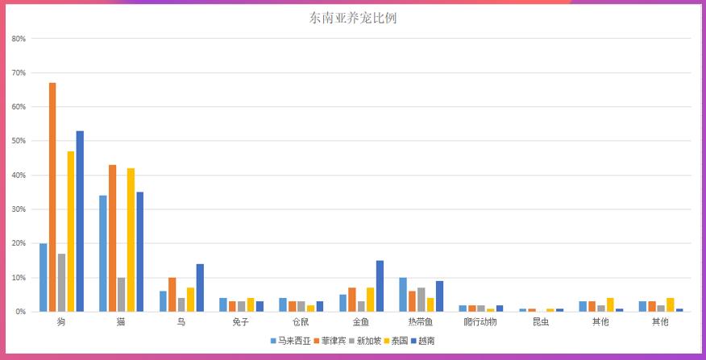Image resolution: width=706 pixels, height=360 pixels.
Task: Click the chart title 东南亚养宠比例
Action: tap(352, 18)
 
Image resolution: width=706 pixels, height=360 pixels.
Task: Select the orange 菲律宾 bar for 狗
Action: tap(52, 197)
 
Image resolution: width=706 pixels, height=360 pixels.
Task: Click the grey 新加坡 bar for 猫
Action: tap(121, 295)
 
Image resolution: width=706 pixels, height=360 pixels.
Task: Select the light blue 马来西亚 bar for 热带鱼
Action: tap(403, 295)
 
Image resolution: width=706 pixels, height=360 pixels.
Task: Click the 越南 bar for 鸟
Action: tap(200, 288)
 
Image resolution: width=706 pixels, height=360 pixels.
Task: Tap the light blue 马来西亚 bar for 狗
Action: tap(44, 278)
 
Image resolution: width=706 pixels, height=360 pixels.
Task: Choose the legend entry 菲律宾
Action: tap(334, 341)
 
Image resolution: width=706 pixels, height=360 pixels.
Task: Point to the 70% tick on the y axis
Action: tap(19, 72)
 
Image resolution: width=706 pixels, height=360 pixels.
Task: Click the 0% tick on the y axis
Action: tap(20, 312)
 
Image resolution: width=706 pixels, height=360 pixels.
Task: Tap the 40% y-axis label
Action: tap(19, 175)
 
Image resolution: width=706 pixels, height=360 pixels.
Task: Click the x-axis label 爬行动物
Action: tap(480, 323)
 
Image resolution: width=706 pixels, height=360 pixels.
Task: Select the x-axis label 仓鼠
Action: tap(301, 323)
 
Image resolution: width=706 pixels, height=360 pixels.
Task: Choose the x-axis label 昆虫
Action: tap(541, 323)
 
